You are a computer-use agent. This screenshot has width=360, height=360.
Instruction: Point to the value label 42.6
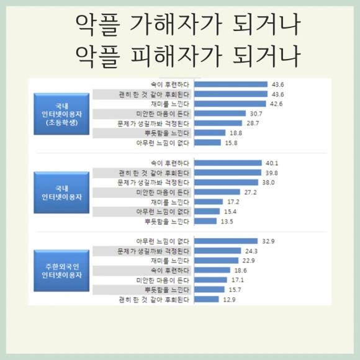(276, 104)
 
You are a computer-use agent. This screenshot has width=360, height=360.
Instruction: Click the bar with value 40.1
(228, 163)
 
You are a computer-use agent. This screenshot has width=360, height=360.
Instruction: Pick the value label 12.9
(230, 299)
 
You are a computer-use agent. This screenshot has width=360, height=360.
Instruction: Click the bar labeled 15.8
(208, 143)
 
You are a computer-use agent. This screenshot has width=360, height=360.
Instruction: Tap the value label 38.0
(268, 182)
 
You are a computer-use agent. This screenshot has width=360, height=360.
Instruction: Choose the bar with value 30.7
(220, 114)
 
